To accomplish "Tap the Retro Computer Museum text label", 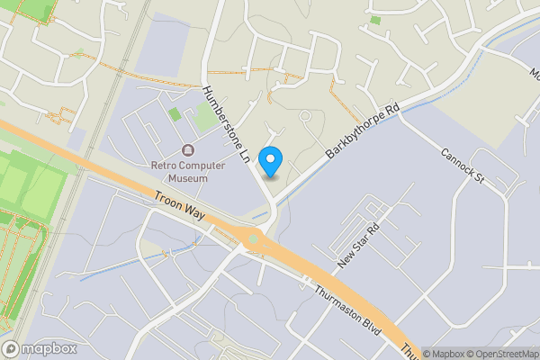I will pyautogui.click(x=180, y=171).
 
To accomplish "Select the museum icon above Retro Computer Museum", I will pyautogui.click(x=187, y=149).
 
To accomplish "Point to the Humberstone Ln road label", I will pyautogui.click(x=226, y=124).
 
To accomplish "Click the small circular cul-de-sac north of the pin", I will pyautogui.click(x=304, y=115).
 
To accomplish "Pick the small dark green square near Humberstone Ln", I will pyautogui.click(x=175, y=114).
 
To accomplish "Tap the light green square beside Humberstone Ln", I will pyautogui.click(x=205, y=118).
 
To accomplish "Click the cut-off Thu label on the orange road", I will pyautogui.click(x=409, y=352).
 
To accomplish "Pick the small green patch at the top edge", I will pyautogui.click(x=374, y=20).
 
